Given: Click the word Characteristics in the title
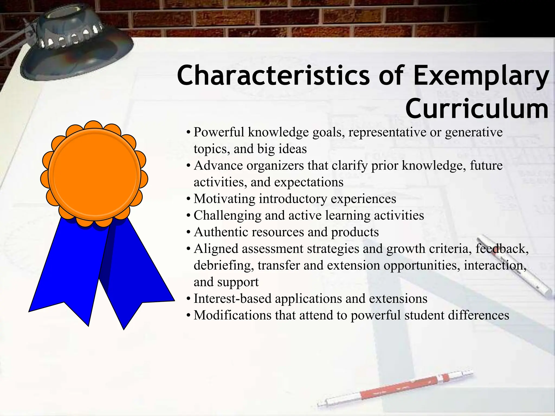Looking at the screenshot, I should click(273, 75).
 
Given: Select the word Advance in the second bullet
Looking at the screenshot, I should click(218, 166).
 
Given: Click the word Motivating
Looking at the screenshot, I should click(224, 199).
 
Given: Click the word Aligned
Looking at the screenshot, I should click(216, 249).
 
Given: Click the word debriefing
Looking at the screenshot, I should click(224, 266).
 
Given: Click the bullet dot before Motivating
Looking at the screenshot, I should click(189, 200).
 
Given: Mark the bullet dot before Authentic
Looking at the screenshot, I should click(189, 233).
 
